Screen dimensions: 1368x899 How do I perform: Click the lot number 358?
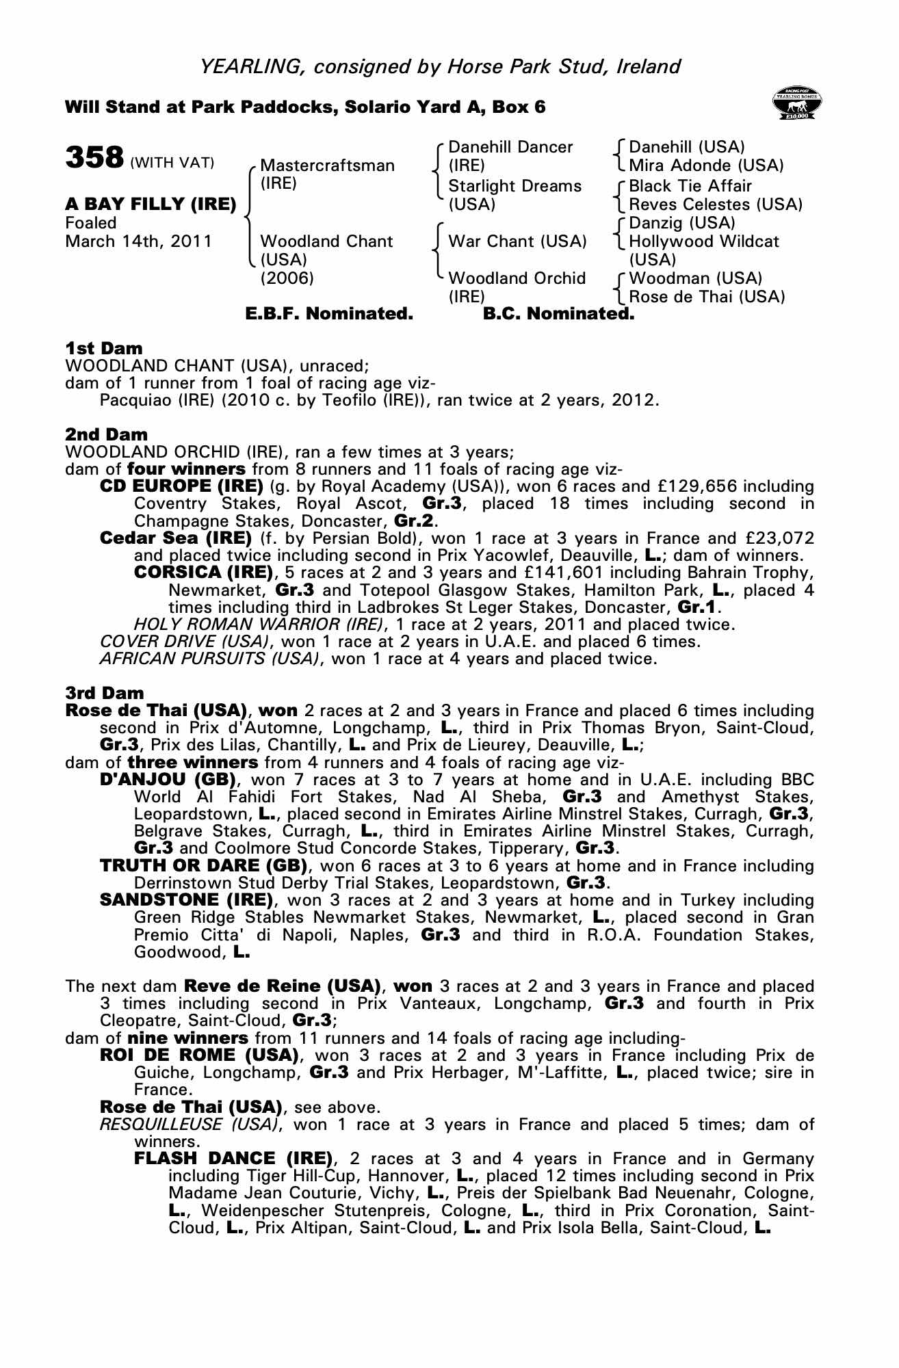(x=94, y=157)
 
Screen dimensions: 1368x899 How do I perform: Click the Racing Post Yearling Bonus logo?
(x=796, y=104)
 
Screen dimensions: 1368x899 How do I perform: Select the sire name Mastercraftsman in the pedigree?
(x=327, y=166)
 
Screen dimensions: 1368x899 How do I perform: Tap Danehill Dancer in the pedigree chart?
(x=510, y=147)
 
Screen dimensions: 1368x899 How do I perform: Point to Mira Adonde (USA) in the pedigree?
(x=706, y=166)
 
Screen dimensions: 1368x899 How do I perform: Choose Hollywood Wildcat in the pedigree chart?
(x=703, y=241)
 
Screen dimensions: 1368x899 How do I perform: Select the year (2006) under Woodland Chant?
(x=287, y=278)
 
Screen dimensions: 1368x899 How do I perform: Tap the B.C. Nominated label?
(x=558, y=314)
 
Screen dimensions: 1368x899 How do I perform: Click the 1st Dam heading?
(x=104, y=348)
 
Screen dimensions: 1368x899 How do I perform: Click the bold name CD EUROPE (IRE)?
(x=181, y=486)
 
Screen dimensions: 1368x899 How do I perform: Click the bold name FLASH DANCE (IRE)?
(x=233, y=1159)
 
